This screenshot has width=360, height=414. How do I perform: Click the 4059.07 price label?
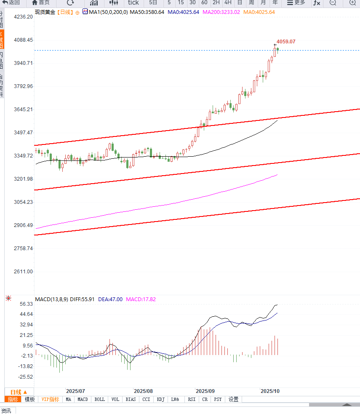(x=286, y=42)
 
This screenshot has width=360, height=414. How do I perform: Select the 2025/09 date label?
(x=205, y=391)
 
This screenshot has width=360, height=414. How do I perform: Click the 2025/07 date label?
(x=76, y=391)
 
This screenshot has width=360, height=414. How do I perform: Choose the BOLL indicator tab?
(x=100, y=399)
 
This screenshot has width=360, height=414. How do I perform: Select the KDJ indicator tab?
(x=160, y=399)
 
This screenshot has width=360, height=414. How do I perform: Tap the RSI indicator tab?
(x=192, y=399)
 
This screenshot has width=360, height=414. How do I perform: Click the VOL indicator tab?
(x=115, y=399)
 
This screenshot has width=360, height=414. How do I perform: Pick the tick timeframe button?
(x=133, y=3)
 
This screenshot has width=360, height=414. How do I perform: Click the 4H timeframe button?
(x=228, y=3)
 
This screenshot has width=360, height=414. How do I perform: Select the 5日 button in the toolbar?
(x=153, y=3)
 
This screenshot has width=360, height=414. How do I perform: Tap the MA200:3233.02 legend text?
(x=221, y=12)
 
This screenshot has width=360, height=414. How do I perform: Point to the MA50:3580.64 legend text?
(x=147, y=12)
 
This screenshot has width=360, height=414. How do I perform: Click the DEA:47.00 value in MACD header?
(x=110, y=299)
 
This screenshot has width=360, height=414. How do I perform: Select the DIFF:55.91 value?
(x=83, y=299)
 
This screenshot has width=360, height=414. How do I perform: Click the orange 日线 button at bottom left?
(x=19, y=392)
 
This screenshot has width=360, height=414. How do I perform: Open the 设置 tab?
(x=234, y=399)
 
